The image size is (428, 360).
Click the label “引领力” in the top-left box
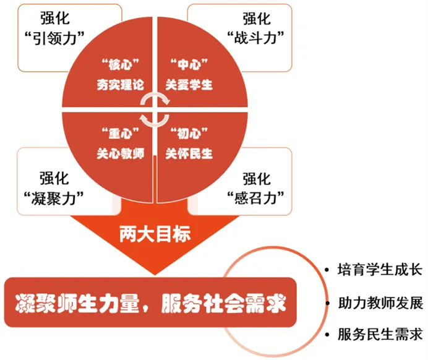(x=54, y=38)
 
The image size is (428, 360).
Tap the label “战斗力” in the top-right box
(x=256, y=38)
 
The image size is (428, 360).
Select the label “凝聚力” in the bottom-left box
(x=54, y=198)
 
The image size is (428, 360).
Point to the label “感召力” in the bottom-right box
(x=256, y=198)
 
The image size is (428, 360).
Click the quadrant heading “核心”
(x=121, y=64)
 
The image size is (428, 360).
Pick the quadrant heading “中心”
(x=189, y=64)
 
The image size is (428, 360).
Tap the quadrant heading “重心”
(x=121, y=134)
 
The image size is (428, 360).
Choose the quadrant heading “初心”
(x=189, y=134)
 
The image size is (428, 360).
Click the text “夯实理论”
(x=121, y=85)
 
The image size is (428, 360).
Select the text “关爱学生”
(x=189, y=85)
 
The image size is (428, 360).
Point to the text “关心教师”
(x=121, y=153)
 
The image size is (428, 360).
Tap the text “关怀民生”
(x=189, y=153)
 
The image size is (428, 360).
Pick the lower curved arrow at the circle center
(x=155, y=121)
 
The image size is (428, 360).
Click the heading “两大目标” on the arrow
(x=155, y=234)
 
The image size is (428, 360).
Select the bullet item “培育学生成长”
(x=380, y=270)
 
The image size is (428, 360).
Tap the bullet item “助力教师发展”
(x=380, y=302)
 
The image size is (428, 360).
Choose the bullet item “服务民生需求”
(x=380, y=335)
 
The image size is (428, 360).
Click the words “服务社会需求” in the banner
(x=223, y=304)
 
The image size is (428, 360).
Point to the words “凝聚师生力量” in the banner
(x=77, y=304)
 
